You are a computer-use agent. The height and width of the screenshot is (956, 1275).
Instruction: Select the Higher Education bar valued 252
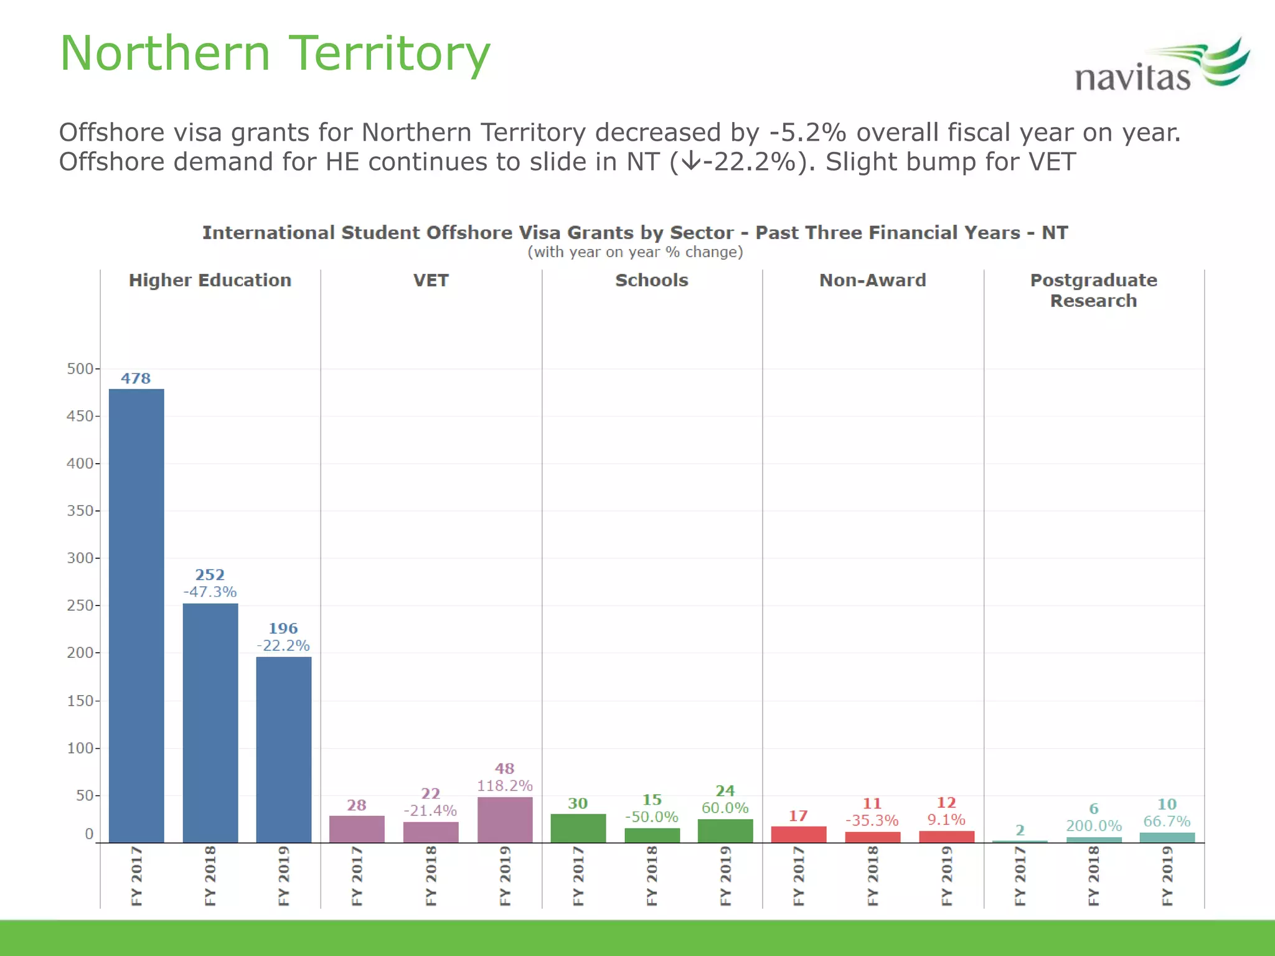click(x=210, y=722)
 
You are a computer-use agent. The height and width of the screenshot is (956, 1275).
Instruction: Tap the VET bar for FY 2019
click(x=504, y=820)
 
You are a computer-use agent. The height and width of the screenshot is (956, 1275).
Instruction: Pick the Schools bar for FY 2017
click(x=578, y=828)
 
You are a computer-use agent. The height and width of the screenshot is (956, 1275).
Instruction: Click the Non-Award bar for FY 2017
click(x=798, y=834)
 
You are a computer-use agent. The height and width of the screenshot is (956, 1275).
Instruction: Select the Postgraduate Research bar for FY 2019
click(x=1167, y=838)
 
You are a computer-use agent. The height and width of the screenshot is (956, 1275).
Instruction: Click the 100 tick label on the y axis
click(x=80, y=748)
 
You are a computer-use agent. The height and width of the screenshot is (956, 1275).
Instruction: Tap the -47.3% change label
click(x=210, y=592)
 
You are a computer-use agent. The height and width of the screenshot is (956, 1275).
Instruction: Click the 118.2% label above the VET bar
click(x=504, y=786)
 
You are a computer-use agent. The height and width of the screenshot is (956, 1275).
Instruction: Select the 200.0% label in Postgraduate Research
click(x=1093, y=826)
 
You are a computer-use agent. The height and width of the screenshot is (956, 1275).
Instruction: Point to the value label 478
click(x=136, y=378)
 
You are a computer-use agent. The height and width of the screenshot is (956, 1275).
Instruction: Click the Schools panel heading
click(x=651, y=280)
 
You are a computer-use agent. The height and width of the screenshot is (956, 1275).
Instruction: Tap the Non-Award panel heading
click(x=872, y=280)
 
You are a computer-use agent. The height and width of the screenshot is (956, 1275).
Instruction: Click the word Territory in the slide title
click(x=390, y=54)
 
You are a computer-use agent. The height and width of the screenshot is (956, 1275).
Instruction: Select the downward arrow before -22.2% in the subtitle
click(x=690, y=162)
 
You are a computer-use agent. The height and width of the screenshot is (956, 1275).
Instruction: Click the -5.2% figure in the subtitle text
click(x=807, y=133)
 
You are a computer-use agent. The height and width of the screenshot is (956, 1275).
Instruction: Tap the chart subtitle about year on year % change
click(x=635, y=252)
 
